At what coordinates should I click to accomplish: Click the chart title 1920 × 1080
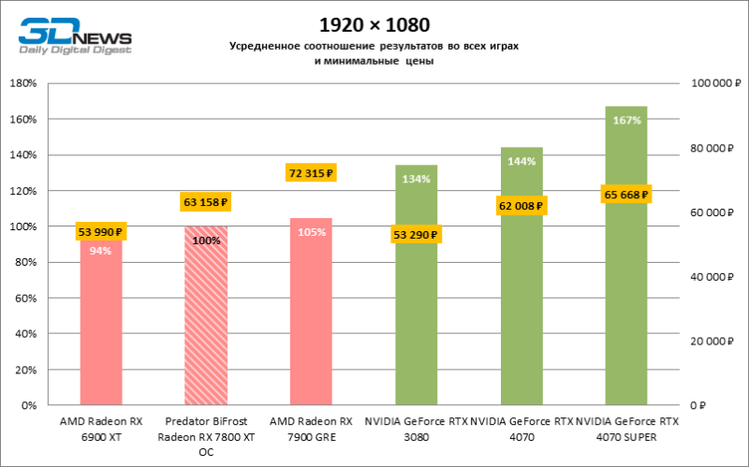[374, 22]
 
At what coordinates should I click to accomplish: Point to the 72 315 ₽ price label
[311, 172]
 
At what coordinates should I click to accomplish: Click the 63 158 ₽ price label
[205, 201]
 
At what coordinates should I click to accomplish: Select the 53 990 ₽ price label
[100, 232]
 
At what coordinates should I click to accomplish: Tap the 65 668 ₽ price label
[626, 195]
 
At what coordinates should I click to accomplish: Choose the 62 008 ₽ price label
[521, 205]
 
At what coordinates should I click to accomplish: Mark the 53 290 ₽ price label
[416, 234]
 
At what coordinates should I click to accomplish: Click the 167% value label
[626, 121]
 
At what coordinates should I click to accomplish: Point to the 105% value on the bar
[311, 232]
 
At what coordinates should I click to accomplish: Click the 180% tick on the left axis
[22, 83]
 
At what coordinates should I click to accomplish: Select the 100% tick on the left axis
[22, 226]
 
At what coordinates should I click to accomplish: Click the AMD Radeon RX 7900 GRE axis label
[311, 430]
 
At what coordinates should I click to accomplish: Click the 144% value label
[521, 162]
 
